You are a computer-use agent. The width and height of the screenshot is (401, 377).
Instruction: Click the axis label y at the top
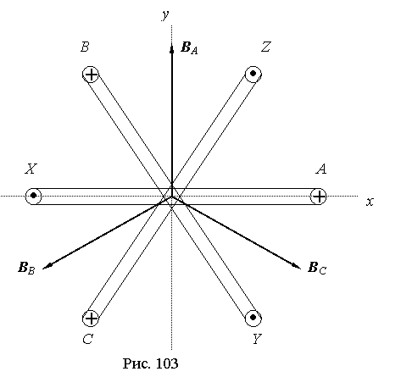pyautogui.click(x=166, y=15)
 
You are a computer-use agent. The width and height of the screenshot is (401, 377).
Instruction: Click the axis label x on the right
pyautogui.click(x=370, y=202)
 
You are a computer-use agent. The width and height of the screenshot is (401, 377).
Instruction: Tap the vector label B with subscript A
pyautogui.click(x=189, y=47)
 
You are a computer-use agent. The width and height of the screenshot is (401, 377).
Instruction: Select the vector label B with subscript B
pyautogui.click(x=26, y=268)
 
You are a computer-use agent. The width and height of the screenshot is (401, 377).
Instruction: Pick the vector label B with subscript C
pyautogui.click(x=317, y=268)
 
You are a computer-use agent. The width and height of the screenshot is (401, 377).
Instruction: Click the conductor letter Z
pyautogui.click(x=265, y=47)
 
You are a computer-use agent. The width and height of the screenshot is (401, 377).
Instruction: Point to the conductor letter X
pyautogui.click(x=31, y=169)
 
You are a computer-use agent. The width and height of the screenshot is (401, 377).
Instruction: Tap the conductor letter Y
pyautogui.click(x=257, y=339)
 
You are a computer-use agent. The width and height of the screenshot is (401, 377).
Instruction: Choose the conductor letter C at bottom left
pyautogui.click(x=87, y=339)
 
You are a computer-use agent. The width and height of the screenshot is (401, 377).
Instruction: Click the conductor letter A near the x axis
pyautogui.click(x=321, y=169)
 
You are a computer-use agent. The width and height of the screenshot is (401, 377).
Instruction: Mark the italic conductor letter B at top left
pyautogui.click(x=85, y=47)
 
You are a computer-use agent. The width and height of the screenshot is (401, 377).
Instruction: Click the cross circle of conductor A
pyautogui.click(x=319, y=197)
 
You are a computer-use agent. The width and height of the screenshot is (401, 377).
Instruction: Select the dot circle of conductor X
pyautogui.click(x=33, y=196)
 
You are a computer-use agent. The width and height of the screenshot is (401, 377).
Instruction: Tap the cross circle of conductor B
pyautogui.click(x=91, y=75)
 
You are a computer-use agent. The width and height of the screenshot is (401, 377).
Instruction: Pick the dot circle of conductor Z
pyautogui.click(x=253, y=74)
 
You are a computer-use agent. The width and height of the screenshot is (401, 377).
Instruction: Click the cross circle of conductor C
pyautogui.click(x=91, y=319)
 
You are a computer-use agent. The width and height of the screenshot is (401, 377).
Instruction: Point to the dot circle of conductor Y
pyautogui.click(x=253, y=318)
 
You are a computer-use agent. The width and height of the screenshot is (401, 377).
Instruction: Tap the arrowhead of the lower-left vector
pyautogui.click(x=47, y=265)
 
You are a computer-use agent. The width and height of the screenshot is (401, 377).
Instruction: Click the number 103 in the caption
pyautogui.click(x=167, y=363)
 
